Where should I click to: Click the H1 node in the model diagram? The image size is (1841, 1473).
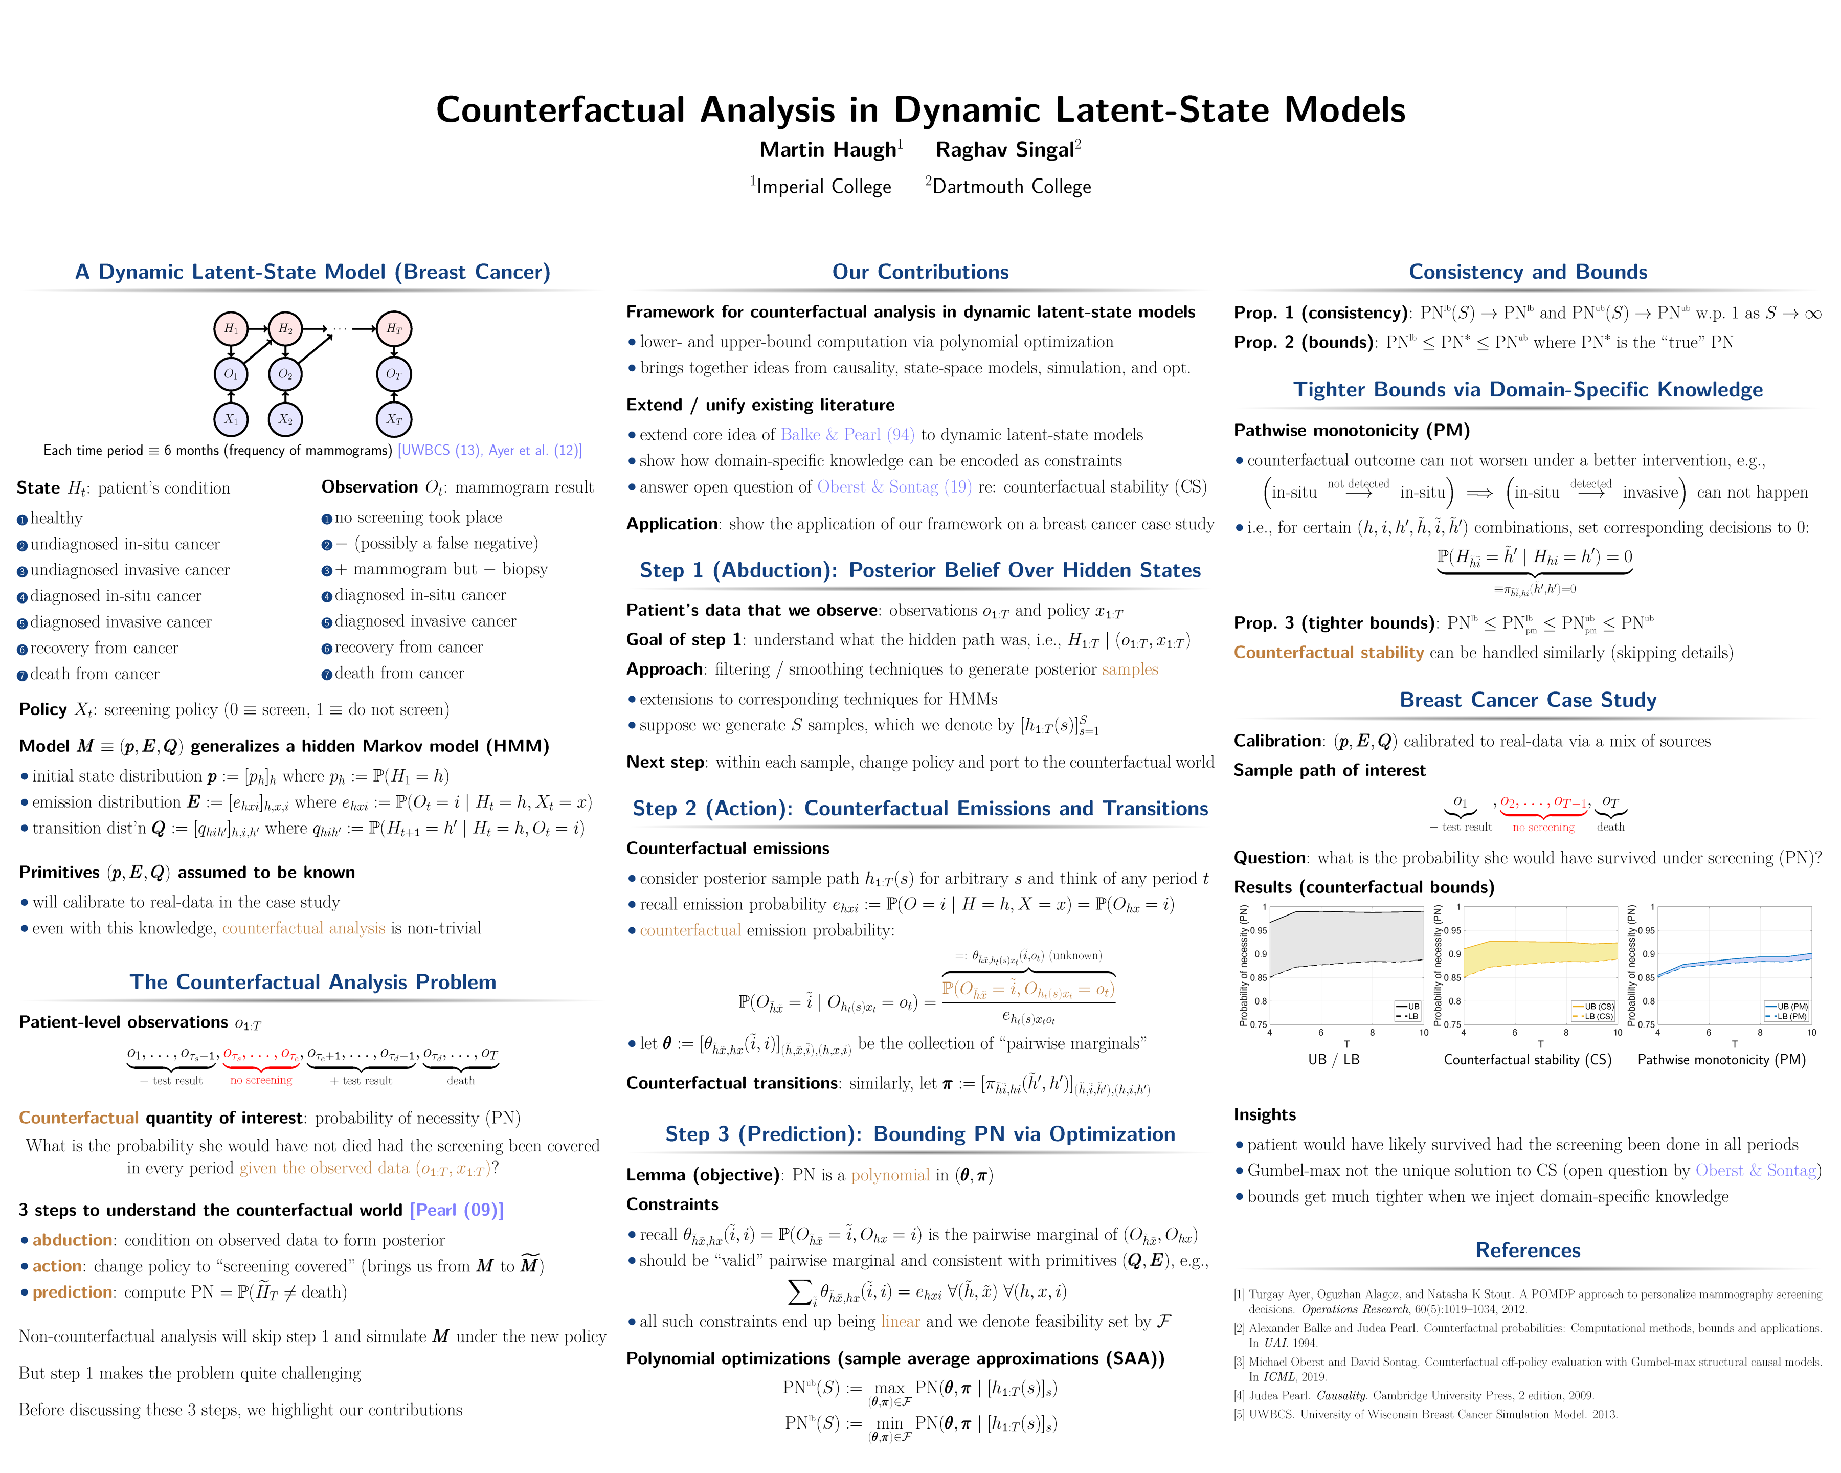point(231,329)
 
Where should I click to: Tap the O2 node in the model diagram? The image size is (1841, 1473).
point(285,374)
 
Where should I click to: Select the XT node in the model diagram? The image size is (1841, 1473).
point(394,419)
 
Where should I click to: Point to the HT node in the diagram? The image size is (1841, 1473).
point(394,329)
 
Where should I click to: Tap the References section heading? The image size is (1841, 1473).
point(1527,1250)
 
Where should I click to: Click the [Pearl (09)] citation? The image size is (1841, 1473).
point(457,1210)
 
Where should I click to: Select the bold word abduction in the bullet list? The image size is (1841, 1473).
point(73,1240)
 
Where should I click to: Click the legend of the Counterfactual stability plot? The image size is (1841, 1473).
point(1593,1011)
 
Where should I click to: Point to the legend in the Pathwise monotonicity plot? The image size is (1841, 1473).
point(1787,1011)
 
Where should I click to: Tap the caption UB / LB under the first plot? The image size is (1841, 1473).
point(1333,1060)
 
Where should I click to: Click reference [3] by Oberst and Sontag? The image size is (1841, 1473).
point(1527,1369)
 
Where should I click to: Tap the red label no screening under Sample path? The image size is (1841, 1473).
point(1543,828)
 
